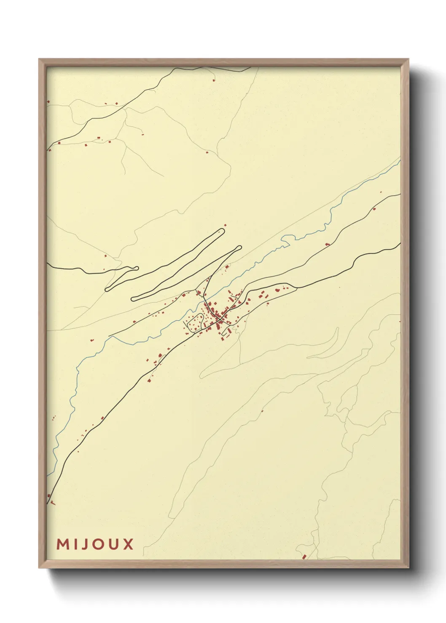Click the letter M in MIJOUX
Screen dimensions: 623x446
(x=62, y=544)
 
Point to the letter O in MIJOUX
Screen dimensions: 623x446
(x=97, y=544)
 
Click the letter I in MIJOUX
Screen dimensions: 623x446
(x=74, y=544)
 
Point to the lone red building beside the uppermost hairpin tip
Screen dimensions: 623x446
(x=226, y=226)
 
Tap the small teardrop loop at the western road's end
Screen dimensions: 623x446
(x=135, y=267)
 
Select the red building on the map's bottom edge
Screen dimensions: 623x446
(x=304, y=557)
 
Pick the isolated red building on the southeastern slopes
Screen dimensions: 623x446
(x=262, y=411)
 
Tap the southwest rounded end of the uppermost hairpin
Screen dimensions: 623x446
(x=108, y=289)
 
